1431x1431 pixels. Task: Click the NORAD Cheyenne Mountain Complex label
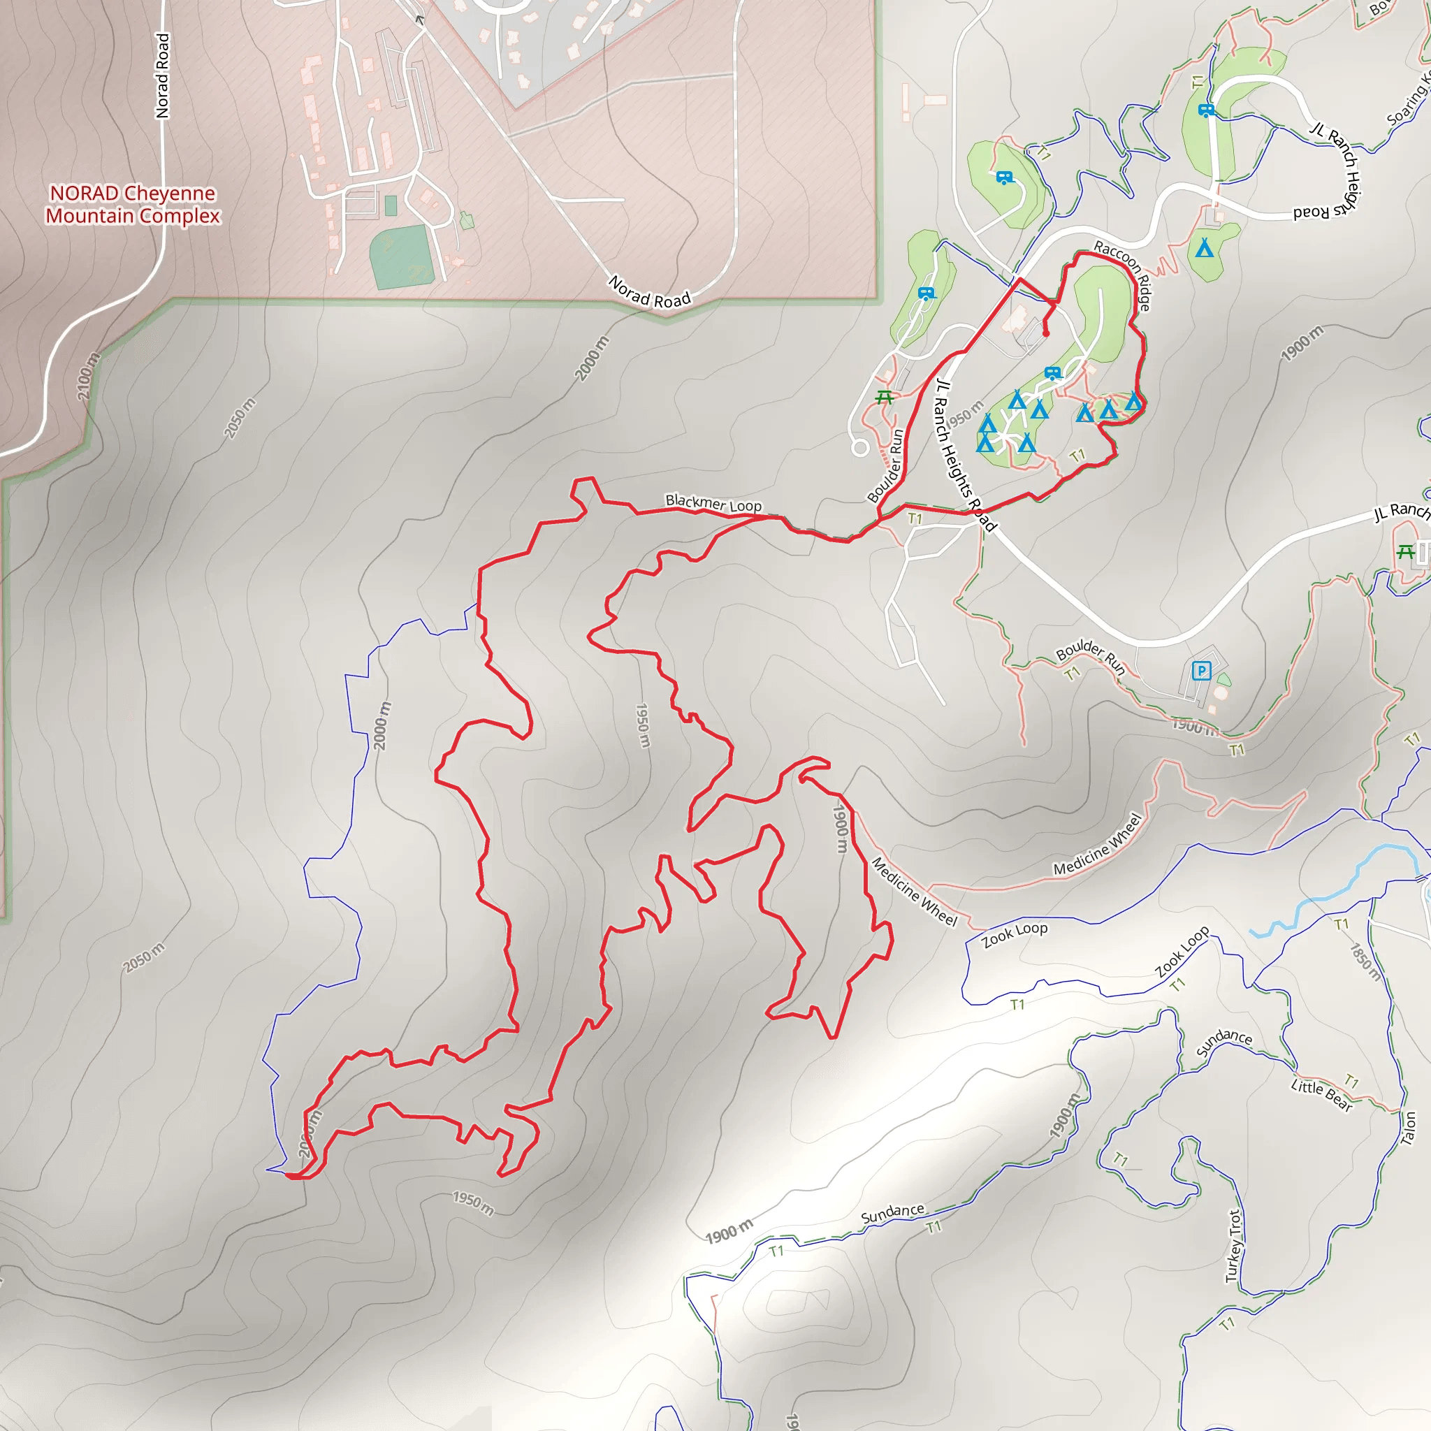pyautogui.click(x=133, y=205)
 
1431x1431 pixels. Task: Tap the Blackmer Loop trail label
pyautogui.click(x=713, y=504)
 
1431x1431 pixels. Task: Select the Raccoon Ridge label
pyautogui.click(x=1123, y=275)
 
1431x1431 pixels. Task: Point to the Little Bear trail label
pyautogui.click(x=1321, y=1096)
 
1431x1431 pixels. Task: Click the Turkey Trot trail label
pyautogui.click(x=1233, y=1246)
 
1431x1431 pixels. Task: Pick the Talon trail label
pyautogui.click(x=1408, y=1128)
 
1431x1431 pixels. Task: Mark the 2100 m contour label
pyautogui.click(x=88, y=377)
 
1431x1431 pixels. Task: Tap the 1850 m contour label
pyautogui.click(x=1365, y=961)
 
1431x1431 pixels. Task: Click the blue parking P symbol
pyautogui.click(x=1201, y=671)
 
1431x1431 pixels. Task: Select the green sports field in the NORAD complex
pyautogui.click(x=402, y=256)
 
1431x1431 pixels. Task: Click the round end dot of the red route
pyautogui.click(x=1046, y=334)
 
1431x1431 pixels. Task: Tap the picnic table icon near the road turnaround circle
pyautogui.click(x=884, y=398)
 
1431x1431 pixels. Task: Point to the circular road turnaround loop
pyautogui.click(x=860, y=447)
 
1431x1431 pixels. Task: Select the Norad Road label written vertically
pyautogui.click(x=162, y=75)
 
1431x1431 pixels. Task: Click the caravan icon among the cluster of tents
pyautogui.click(x=1052, y=372)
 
